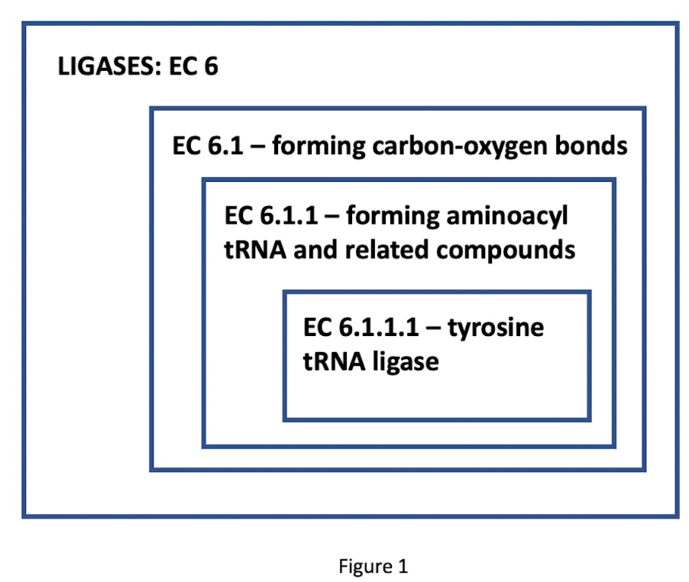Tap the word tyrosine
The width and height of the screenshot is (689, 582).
coord(496,328)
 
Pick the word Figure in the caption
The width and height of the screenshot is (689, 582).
coord(365,566)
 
